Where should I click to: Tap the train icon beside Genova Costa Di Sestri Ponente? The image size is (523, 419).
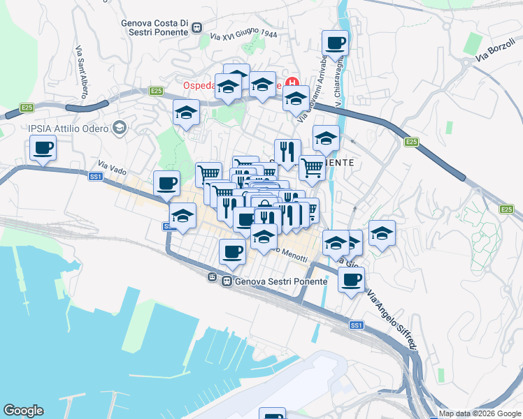click(x=198, y=29)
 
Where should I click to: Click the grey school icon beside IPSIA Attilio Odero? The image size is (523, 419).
click(x=120, y=127)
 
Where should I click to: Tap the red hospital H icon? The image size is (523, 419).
click(x=292, y=82)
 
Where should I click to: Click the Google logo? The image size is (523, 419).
click(x=23, y=411)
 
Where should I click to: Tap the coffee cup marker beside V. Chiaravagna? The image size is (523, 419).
click(x=335, y=44)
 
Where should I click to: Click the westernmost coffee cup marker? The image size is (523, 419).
click(x=43, y=149)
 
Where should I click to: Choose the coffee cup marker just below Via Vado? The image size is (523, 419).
click(x=166, y=184)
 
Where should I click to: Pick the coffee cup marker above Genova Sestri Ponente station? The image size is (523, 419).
click(x=232, y=252)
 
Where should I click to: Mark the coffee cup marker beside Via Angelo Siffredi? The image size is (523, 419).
click(x=351, y=280)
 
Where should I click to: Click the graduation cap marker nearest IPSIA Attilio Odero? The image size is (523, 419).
click(x=186, y=112)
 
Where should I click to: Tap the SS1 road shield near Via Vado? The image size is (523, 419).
click(x=96, y=177)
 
